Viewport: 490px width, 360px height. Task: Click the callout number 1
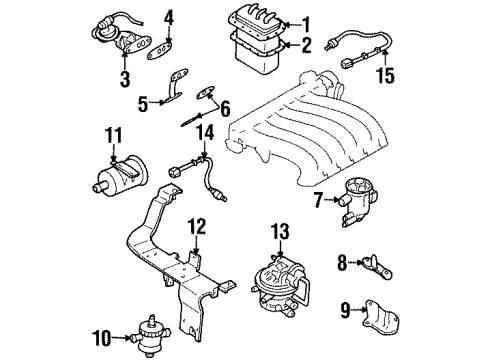(x=306, y=23)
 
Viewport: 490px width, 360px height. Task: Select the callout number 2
(x=306, y=45)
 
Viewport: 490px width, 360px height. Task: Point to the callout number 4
(x=169, y=17)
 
